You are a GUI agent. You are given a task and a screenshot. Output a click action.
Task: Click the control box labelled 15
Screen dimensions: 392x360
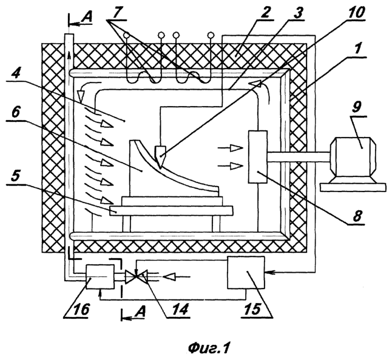pyautogui.click(x=246, y=273)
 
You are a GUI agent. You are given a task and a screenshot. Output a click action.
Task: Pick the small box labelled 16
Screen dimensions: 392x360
pyautogui.click(x=100, y=276)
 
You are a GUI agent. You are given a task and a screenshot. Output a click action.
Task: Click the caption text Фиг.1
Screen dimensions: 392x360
pyautogui.click(x=209, y=348)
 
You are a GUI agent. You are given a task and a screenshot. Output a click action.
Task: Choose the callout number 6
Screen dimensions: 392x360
pyautogui.click(x=16, y=113)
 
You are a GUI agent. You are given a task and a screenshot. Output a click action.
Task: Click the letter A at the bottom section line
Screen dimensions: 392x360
pyautogui.click(x=140, y=312)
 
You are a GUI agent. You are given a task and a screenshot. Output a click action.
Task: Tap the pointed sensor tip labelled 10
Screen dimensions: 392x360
pyautogui.click(x=160, y=155)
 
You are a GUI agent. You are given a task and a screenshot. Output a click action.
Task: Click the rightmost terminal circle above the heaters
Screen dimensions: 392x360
pyautogui.click(x=211, y=35)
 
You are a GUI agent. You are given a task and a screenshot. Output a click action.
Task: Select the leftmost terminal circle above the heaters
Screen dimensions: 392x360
pyautogui.click(x=127, y=35)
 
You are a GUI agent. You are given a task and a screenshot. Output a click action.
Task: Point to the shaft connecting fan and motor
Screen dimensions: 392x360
pyautogui.click(x=299, y=158)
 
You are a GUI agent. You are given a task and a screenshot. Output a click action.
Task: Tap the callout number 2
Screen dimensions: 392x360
pyautogui.click(x=265, y=13)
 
